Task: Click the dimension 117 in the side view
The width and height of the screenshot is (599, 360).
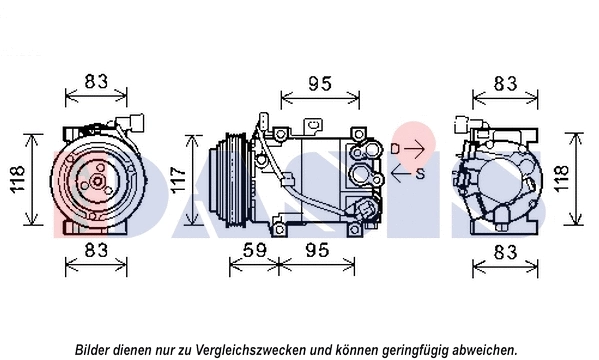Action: tap(177, 180)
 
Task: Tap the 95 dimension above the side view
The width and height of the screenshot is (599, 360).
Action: tap(318, 84)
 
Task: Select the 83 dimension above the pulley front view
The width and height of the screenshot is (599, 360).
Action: tap(97, 82)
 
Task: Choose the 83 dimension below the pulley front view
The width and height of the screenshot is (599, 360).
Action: tap(97, 248)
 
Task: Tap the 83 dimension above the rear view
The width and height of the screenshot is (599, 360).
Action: tap(505, 82)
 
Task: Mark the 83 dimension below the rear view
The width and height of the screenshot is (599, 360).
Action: tap(505, 248)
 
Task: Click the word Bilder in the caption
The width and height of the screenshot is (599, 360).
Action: tap(95, 349)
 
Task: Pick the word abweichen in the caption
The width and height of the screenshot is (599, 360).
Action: tap(483, 349)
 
